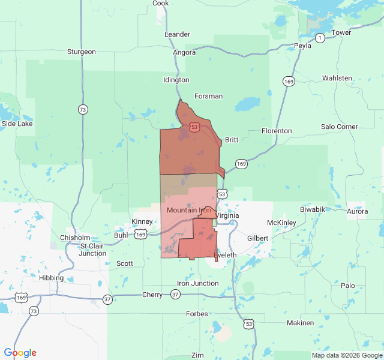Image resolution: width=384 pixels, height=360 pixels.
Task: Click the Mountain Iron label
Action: coord(188,210)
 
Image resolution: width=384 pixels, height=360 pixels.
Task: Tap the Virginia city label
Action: coord(227,215)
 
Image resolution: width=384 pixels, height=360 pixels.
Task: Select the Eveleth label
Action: coord(225,255)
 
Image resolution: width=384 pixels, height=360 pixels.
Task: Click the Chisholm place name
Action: coord(75,238)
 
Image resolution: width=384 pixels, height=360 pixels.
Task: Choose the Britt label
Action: coord(232,140)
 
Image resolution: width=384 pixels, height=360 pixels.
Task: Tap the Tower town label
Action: coord(341,32)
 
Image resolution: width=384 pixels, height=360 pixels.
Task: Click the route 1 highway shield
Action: coord(320,38)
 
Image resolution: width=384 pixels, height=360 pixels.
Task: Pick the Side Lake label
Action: coord(17,124)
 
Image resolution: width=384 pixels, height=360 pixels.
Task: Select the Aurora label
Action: coord(358,211)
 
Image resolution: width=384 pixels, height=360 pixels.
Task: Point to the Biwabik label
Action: coord(313,209)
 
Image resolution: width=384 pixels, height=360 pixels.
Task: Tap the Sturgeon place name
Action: coord(82,52)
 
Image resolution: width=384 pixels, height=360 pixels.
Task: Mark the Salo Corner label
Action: coord(339,127)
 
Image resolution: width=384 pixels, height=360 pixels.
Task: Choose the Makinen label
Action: coord(300,323)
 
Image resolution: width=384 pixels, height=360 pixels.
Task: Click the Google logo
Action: coord(20,353)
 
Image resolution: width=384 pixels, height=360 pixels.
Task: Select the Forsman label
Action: coord(209,96)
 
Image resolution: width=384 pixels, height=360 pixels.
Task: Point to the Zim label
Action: coord(197,355)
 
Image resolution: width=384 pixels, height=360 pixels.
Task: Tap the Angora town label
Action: coord(184,52)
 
